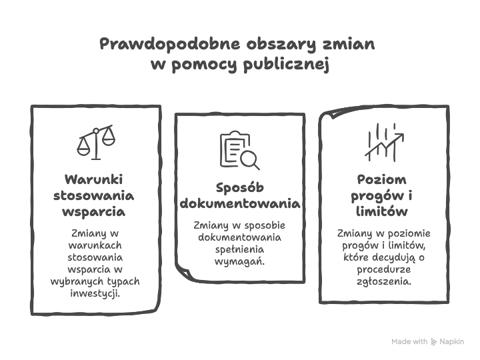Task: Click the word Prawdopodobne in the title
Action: (170, 44)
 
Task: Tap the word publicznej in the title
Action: (286, 65)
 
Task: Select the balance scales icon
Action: (96, 143)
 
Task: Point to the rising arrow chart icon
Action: (384, 143)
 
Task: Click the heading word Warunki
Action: (94, 179)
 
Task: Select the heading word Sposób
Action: (240, 187)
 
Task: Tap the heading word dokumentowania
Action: (240, 203)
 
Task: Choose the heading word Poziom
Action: (382, 179)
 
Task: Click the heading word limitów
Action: (382, 211)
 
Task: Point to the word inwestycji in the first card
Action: (95, 293)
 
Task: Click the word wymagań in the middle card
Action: (239, 262)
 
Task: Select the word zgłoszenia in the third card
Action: (384, 281)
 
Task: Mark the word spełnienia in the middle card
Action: (239, 249)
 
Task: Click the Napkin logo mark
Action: (433, 341)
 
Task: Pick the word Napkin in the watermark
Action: (451, 341)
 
